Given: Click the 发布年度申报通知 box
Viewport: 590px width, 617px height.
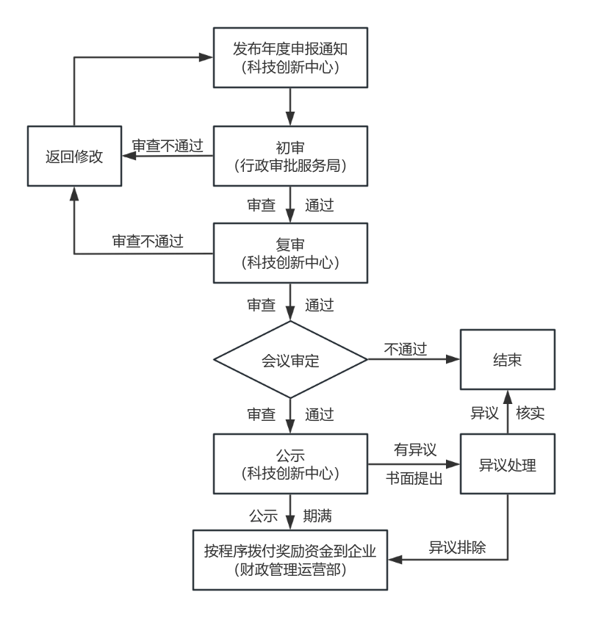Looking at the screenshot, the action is pyautogui.click(x=290, y=57).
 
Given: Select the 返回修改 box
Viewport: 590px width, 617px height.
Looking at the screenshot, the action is pyautogui.click(x=74, y=156).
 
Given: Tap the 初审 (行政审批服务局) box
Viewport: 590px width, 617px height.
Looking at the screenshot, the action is pyautogui.click(x=290, y=156).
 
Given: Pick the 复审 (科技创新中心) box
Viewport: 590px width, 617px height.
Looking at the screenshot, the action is pyautogui.click(x=290, y=253).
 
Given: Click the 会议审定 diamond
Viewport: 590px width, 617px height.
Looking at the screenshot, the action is pyautogui.click(x=290, y=360).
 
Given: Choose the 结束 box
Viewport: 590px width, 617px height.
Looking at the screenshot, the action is pyautogui.click(x=508, y=360).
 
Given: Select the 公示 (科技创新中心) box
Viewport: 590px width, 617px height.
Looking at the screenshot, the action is pyautogui.click(x=290, y=464).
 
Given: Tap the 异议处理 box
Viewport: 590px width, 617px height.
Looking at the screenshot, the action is pyautogui.click(x=508, y=464).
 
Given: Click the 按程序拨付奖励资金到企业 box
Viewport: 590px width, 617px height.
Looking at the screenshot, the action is pyautogui.click(x=290, y=560).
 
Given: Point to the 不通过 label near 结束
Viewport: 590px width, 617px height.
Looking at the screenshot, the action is pyautogui.click(x=406, y=349).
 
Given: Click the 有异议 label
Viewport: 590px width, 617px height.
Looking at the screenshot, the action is pyautogui.click(x=415, y=450).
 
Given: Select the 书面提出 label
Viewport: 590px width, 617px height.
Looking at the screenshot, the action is pyautogui.click(x=414, y=478).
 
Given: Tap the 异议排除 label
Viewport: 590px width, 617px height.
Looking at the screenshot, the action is pyautogui.click(x=457, y=547).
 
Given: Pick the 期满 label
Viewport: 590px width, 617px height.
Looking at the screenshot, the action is pyautogui.click(x=317, y=516).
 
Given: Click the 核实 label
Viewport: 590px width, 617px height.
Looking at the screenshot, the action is pyautogui.click(x=530, y=413).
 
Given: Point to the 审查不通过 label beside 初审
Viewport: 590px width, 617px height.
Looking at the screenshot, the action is pyautogui.click(x=168, y=145).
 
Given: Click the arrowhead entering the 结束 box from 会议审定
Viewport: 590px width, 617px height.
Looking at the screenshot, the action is pyautogui.click(x=453, y=359).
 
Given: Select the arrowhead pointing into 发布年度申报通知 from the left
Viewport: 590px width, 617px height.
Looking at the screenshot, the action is pyautogui.click(x=206, y=57).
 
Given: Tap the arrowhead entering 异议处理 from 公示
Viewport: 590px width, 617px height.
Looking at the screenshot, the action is pyautogui.click(x=453, y=464).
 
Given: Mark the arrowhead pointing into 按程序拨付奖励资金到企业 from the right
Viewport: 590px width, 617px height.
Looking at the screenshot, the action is pyautogui.click(x=395, y=559).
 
